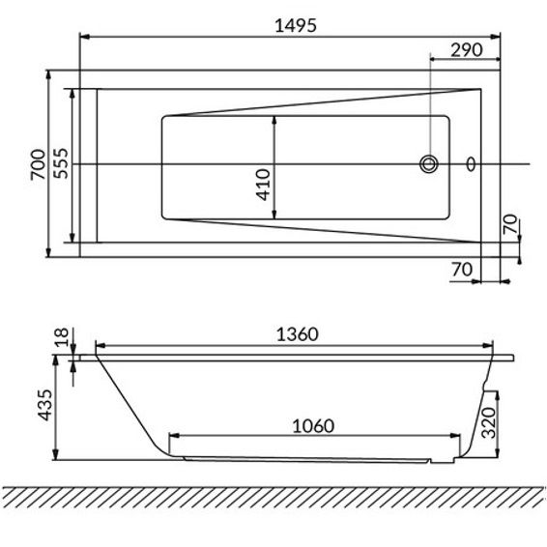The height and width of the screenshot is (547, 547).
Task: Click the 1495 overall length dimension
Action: point(296,25)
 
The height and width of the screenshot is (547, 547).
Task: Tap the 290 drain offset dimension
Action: point(467,50)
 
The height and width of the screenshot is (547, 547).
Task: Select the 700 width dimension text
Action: point(38,164)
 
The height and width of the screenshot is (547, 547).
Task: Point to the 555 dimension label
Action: point(61,163)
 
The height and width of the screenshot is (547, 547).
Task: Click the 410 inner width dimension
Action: point(263,185)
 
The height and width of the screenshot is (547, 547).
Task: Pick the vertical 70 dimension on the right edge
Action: point(510,224)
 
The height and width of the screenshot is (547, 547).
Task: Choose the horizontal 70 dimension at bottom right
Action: point(462,270)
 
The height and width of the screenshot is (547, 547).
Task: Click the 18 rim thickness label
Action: point(62,337)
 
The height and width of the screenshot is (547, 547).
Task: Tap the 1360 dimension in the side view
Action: point(298,334)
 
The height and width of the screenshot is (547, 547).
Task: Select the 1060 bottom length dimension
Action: point(313,426)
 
